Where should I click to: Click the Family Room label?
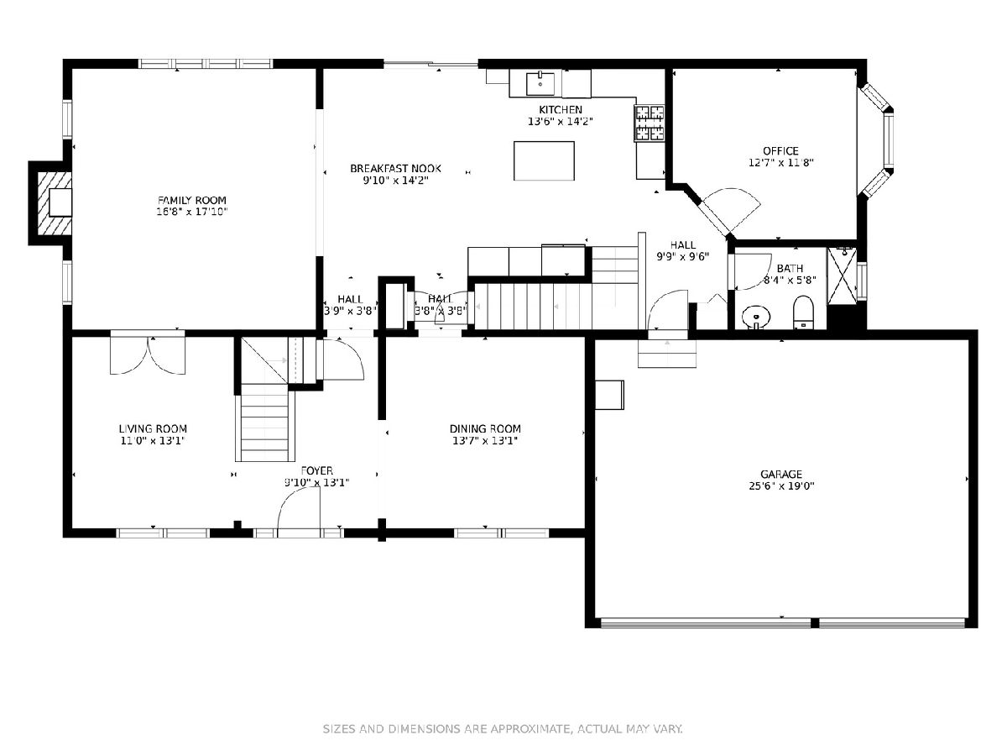192,200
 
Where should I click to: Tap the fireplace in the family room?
55,203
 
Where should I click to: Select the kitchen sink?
540,83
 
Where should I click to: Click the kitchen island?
544,160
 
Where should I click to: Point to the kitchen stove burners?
650,123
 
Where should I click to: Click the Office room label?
780,150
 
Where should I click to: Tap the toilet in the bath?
803,312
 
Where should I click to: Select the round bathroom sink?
756,317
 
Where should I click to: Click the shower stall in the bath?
842,276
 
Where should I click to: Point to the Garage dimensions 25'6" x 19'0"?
781,486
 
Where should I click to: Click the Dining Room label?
485,428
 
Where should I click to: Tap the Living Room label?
153,428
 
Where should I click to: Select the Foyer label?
317,470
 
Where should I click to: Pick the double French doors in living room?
148,355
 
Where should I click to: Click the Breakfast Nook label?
395,169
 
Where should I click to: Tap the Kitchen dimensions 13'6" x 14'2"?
561,121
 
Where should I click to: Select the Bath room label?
790,268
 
